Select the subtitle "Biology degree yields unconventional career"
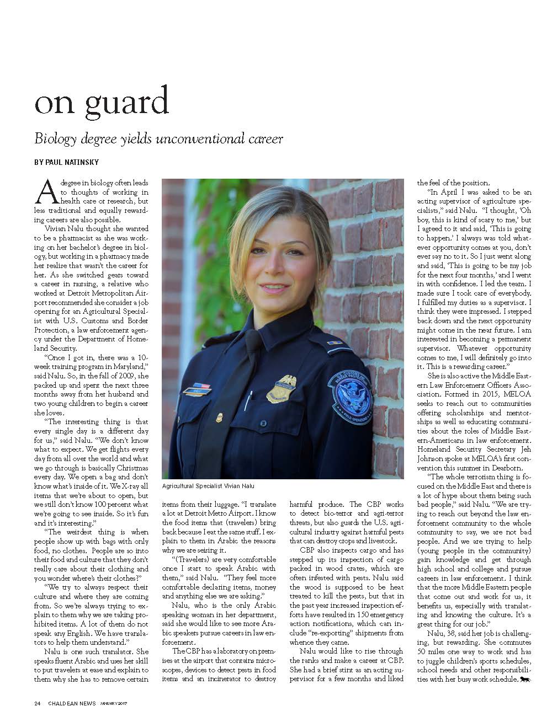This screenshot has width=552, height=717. (x=158, y=139)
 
